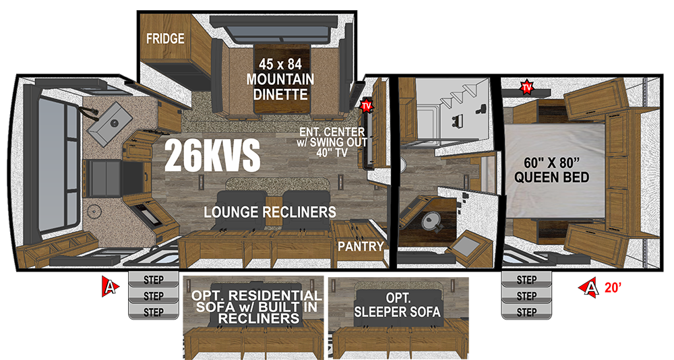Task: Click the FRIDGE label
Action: (x=165, y=38)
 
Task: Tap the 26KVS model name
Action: (x=212, y=155)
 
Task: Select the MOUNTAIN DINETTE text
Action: (x=280, y=87)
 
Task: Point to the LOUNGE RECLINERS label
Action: (x=270, y=212)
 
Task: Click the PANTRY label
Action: (x=361, y=247)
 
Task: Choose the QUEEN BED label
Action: (x=552, y=177)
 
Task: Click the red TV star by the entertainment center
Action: (x=366, y=105)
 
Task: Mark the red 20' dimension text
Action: (x=613, y=288)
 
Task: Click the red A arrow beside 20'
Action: (x=590, y=288)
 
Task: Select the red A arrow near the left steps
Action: (x=110, y=287)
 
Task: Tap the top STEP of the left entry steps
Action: (x=154, y=280)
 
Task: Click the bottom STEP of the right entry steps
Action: (x=526, y=312)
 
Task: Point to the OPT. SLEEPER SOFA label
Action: (x=398, y=305)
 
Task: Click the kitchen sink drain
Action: (x=115, y=123)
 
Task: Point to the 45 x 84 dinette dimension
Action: (x=280, y=65)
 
